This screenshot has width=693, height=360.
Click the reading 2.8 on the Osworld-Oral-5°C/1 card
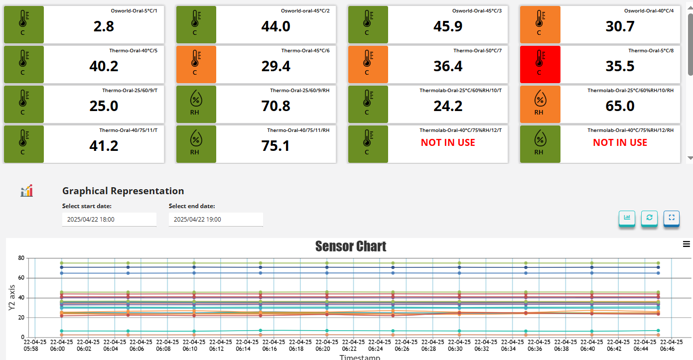tap(104, 26)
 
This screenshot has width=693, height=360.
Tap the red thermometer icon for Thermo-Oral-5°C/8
tap(540, 64)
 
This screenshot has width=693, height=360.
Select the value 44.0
tap(276, 26)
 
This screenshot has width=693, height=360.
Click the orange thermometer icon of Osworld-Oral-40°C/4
tap(540, 24)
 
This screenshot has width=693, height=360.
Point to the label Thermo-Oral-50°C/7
tap(477, 51)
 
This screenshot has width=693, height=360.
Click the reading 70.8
tap(276, 106)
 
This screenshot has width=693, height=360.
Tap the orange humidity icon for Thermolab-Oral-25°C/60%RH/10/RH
tap(540, 104)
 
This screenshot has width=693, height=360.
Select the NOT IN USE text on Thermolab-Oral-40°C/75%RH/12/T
tap(448, 142)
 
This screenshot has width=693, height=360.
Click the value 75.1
tap(276, 146)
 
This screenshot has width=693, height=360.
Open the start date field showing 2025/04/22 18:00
tap(109, 219)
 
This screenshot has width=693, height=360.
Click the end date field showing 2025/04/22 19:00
tap(216, 219)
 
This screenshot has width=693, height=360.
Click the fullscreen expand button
tap(671, 218)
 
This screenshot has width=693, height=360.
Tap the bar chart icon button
tap(627, 218)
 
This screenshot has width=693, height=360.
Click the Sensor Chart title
tap(351, 246)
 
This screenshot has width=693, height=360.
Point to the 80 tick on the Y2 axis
tap(21, 258)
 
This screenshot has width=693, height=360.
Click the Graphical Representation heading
tap(123, 191)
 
